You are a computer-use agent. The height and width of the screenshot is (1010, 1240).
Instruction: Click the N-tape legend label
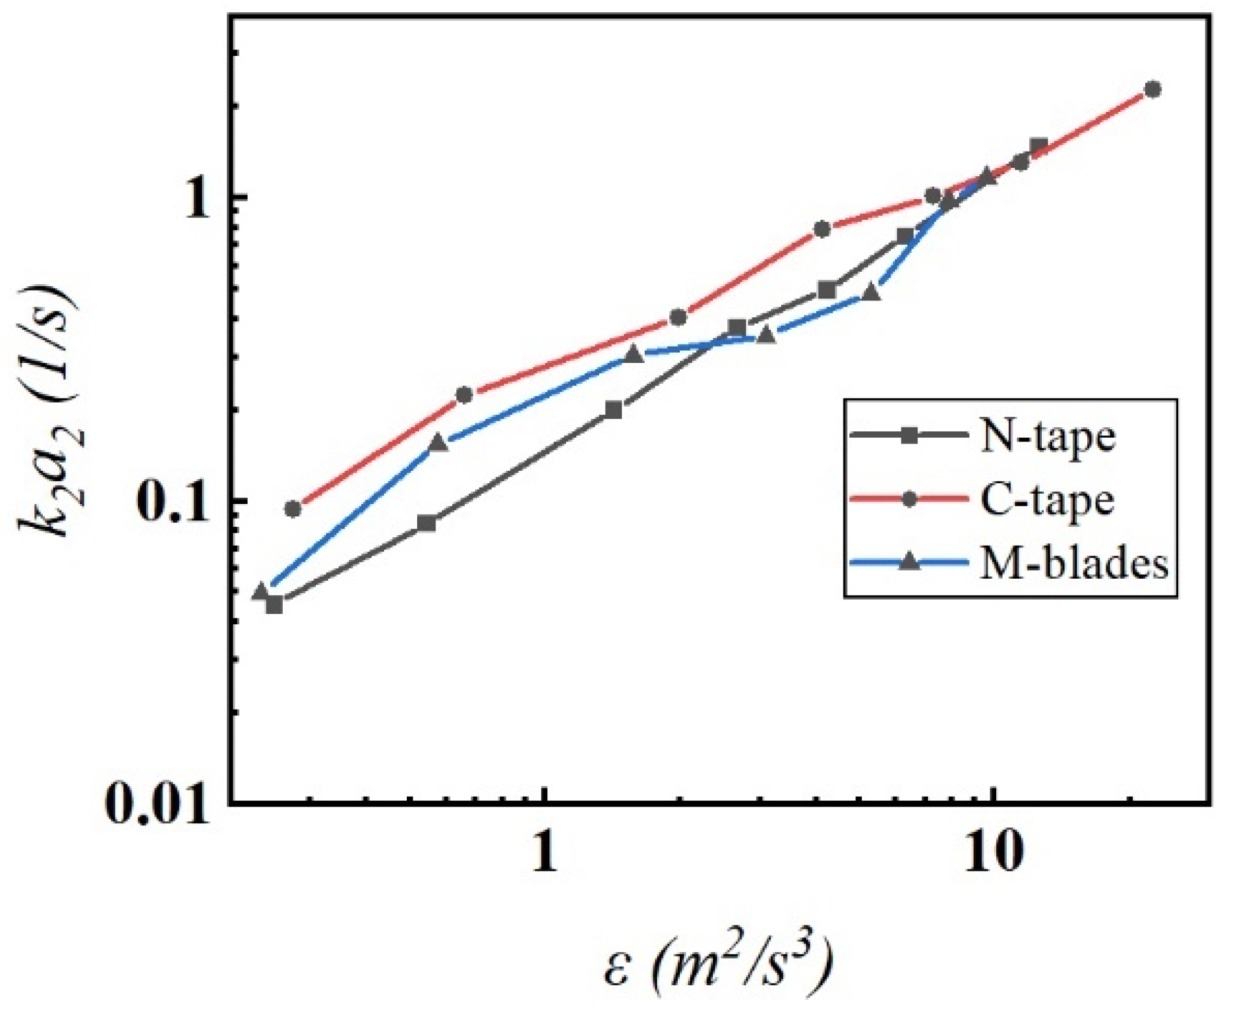tap(1047, 437)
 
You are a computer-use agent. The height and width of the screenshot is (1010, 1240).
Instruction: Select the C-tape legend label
tap(1047, 501)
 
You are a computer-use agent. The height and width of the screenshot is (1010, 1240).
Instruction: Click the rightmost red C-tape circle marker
tap(1153, 90)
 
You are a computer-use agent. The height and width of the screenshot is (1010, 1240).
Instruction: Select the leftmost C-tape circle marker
tap(293, 509)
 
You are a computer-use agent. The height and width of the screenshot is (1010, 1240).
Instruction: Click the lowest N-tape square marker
tap(274, 604)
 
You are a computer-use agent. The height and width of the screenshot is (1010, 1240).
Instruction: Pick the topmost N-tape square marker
tap(1039, 146)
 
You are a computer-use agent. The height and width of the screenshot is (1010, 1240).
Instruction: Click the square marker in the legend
tap(911, 437)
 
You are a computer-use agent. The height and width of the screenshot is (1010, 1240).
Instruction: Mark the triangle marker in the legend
tap(911, 563)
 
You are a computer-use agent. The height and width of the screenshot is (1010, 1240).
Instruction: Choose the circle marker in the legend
tap(911, 500)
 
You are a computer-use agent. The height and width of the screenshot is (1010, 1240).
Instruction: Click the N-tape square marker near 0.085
tap(427, 523)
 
